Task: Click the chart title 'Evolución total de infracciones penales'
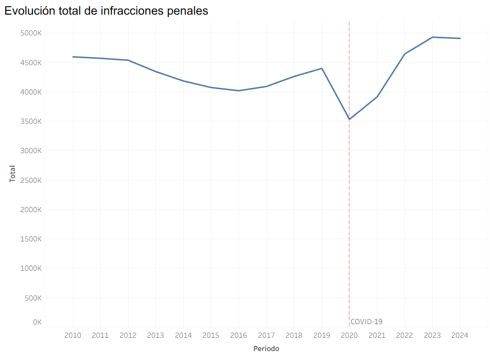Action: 106,11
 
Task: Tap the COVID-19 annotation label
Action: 367,322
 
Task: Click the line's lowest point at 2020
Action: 349,119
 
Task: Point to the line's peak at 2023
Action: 432,37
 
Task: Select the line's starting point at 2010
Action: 73,57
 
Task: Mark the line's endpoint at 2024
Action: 460,38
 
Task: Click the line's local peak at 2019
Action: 322,69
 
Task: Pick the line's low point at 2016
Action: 239,91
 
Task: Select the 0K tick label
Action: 37,322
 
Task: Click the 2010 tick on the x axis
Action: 73,335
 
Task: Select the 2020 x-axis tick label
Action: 349,335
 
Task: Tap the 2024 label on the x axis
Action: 460,335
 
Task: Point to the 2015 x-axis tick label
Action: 211,335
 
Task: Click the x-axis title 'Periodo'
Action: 266,349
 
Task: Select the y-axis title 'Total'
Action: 13,174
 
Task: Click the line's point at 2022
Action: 405,54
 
